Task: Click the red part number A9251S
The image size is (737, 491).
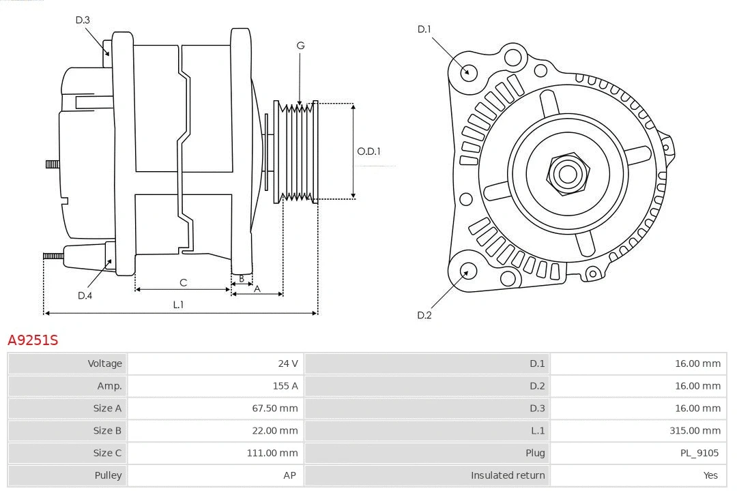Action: pos(33,340)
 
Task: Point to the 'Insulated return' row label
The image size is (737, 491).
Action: pos(508,475)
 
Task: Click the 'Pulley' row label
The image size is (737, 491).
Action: pos(108,475)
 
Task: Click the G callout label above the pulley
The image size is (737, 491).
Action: pos(300,46)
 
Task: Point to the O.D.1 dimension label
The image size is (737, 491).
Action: pos(369,151)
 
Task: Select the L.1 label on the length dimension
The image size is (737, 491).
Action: pos(178,305)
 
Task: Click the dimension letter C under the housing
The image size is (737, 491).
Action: pos(183,282)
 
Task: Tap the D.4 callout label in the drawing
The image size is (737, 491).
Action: pos(85,295)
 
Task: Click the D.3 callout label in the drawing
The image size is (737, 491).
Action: pos(83,20)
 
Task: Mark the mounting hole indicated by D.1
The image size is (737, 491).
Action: pos(468,72)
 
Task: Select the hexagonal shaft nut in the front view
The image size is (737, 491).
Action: pos(567,174)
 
